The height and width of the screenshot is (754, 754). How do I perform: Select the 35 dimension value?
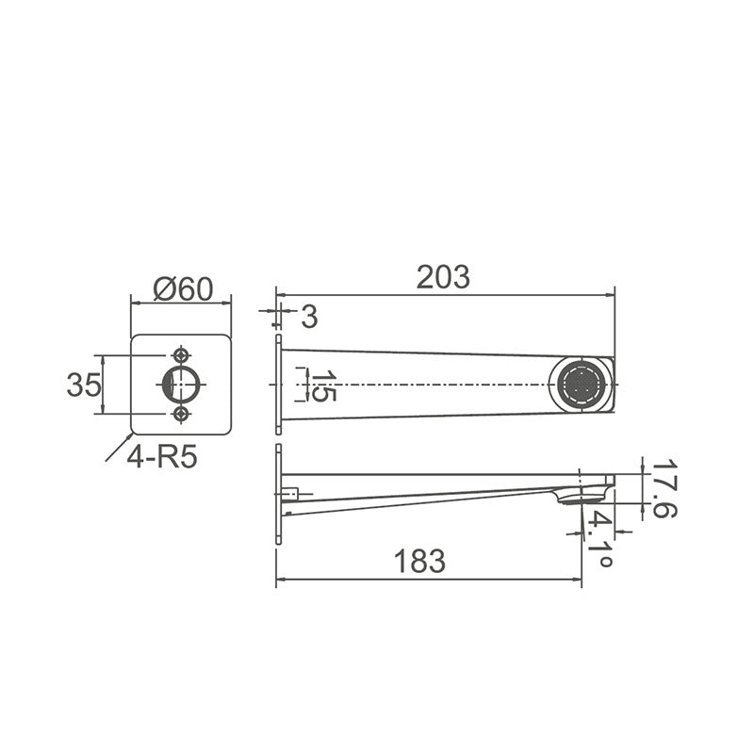tap(83, 385)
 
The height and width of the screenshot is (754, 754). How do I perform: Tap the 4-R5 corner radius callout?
tap(161, 459)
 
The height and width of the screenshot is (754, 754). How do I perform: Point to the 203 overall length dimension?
tap(442, 277)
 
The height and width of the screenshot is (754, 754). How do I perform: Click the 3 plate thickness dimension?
tap(308, 317)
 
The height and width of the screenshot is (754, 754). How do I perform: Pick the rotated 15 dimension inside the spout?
tap(323, 386)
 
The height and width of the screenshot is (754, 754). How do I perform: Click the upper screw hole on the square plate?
tap(181, 355)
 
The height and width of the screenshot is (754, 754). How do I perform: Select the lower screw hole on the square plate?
tap(181, 414)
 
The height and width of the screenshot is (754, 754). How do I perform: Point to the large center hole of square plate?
tap(181, 385)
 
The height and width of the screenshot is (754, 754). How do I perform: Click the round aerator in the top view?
tap(581, 385)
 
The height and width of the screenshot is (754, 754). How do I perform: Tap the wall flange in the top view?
tap(278, 385)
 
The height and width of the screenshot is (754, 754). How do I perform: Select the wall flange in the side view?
tap(278, 495)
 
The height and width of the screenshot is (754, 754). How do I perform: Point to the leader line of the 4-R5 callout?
tap(118, 449)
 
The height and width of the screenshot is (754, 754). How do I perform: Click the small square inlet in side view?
tap(291, 492)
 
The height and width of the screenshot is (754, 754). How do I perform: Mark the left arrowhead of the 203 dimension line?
tap(281, 293)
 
